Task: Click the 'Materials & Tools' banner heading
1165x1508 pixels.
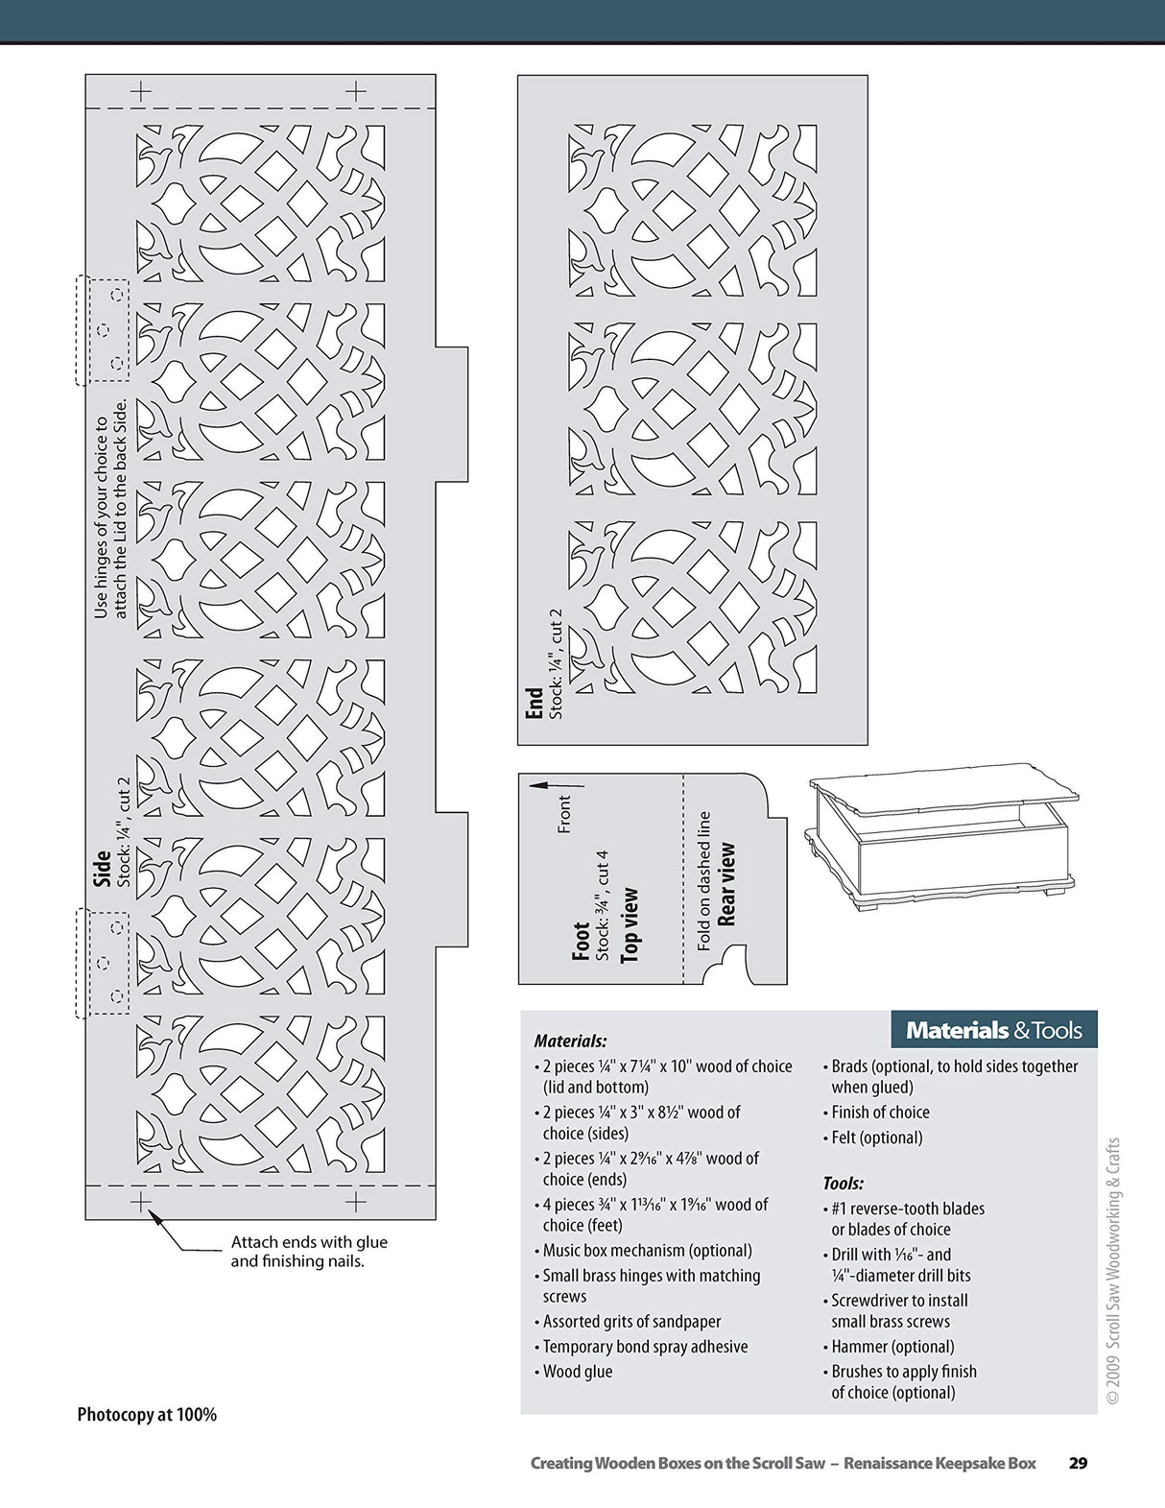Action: pyautogui.click(x=993, y=1030)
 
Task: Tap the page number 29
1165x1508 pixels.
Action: pyautogui.click(x=1078, y=1463)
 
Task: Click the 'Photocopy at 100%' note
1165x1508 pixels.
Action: pyautogui.click(x=147, y=1414)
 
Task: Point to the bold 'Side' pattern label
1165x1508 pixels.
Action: pyautogui.click(x=102, y=868)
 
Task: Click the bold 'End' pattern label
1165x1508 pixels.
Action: pyautogui.click(x=535, y=702)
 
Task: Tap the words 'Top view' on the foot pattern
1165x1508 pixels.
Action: pyautogui.click(x=630, y=924)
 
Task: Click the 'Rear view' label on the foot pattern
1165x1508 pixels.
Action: pyautogui.click(x=727, y=884)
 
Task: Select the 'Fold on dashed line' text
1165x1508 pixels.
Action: pyautogui.click(x=704, y=880)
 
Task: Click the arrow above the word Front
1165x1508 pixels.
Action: pyautogui.click(x=555, y=784)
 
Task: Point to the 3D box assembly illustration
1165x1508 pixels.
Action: pyautogui.click(x=940, y=835)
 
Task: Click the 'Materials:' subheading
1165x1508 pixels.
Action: pyautogui.click(x=570, y=1041)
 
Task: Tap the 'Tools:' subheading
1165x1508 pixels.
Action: pyautogui.click(x=843, y=1184)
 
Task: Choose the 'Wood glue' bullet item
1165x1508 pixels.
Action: pyautogui.click(x=577, y=1372)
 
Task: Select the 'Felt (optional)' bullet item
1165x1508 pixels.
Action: pyautogui.click(x=876, y=1137)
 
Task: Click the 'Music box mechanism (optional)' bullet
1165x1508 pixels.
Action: pyautogui.click(x=647, y=1251)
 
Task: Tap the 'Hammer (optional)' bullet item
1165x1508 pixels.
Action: pyautogui.click(x=892, y=1347)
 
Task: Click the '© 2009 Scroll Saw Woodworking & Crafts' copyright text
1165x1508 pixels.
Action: pyautogui.click(x=1113, y=1271)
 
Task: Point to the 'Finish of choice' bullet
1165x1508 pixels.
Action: pyautogui.click(x=880, y=1113)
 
